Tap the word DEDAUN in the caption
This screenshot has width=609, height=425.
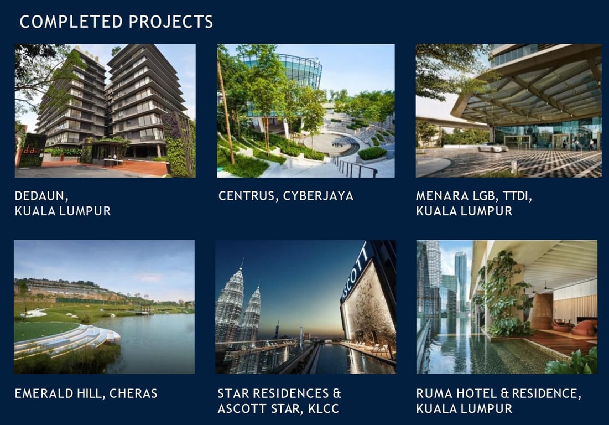tap(41, 196)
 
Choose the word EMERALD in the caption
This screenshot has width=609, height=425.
tap(44, 393)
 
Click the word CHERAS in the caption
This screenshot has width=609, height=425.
tap(133, 393)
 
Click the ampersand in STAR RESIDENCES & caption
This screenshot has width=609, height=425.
tap(336, 393)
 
